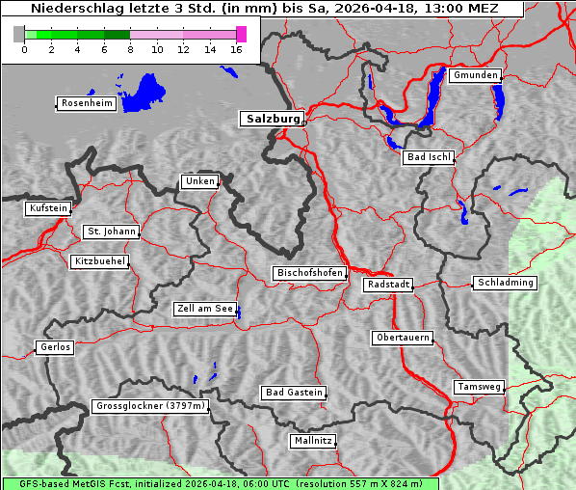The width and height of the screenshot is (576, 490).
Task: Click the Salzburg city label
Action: coord(271,119)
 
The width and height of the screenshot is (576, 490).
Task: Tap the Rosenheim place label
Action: coord(87,103)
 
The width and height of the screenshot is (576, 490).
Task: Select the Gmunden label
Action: coord(475,75)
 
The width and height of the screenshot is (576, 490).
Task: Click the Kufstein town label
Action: coord(47,208)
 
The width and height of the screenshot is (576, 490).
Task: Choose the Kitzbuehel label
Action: coord(99,261)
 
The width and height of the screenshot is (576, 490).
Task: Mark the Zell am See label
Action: coord(204,309)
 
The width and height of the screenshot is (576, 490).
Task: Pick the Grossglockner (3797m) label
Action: coord(150,406)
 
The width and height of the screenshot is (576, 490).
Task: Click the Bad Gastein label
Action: coord(294,393)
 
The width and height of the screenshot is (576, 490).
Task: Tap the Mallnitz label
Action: coord(313,441)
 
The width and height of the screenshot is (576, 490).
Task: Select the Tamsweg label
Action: coord(479,387)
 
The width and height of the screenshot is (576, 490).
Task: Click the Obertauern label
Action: coord(402,338)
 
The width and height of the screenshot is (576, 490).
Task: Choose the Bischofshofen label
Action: coord(309,274)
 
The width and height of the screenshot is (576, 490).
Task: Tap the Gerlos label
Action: coord(55,347)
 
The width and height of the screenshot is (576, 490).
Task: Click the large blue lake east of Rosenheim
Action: coord(146,91)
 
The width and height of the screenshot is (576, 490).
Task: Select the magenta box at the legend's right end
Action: coord(241,34)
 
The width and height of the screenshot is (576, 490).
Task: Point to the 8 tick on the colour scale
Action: coord(130,49)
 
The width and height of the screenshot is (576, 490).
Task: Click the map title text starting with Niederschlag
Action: coord(262,9)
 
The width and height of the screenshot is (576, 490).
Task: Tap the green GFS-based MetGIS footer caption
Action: coord(220,483)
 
